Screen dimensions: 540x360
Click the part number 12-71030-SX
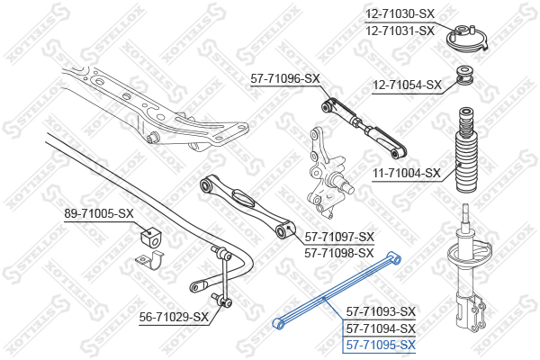[x=400, y=14]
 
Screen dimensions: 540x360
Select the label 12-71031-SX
[x=400, y=31]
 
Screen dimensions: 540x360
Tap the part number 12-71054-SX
[x=407, y=85]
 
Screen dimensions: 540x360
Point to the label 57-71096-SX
[x=285, y=79]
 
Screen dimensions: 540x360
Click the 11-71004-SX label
[x=407, y=174]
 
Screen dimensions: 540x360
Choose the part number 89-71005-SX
[x=99, y=213]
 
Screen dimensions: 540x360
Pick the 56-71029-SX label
[x=174, y=317]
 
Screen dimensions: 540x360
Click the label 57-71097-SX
[x=339, y=237]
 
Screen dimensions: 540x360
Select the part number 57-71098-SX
[x=339, y=254]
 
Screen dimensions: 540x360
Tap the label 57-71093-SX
[x=381, y=311]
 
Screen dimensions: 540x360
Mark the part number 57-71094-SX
[x=381, y=328]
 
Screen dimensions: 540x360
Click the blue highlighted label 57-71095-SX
[x=381, y=345]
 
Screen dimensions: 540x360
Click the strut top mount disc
[x=467, y=39]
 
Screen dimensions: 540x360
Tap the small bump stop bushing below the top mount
[x=465, y=76]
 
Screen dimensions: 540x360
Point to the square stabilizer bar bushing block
[x=150, y=237]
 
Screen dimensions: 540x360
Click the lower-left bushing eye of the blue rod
[x=278, y=324]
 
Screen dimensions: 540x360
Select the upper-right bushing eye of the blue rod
[x=395, y=258]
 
